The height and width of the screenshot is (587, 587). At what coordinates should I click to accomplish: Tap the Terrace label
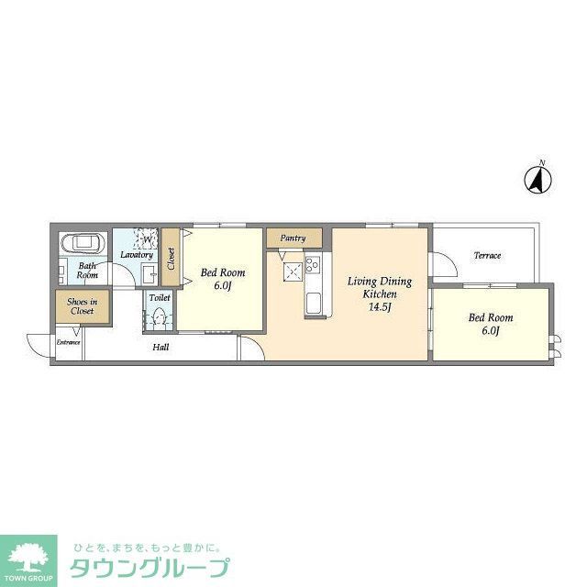pos(487,255)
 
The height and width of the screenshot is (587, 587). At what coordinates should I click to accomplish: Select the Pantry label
pos(293,238)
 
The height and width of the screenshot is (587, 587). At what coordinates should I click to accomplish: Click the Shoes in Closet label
pos(83,305)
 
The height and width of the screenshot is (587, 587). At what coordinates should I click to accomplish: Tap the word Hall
pos(161,347)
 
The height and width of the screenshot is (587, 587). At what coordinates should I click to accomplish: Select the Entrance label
pos(69,342)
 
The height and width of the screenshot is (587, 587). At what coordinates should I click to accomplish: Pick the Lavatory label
pos(136,255)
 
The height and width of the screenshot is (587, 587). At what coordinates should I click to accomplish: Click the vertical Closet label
pos(171,260)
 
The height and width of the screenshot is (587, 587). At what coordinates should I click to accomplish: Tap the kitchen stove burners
pos(312,265)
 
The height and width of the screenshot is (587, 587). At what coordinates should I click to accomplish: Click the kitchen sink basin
pos(312,304)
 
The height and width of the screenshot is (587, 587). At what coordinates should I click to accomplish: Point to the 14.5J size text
pos(380,306)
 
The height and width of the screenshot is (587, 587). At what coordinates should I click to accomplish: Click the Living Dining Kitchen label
pos(379,286)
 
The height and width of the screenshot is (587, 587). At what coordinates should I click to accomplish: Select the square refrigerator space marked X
pos(293,271)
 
